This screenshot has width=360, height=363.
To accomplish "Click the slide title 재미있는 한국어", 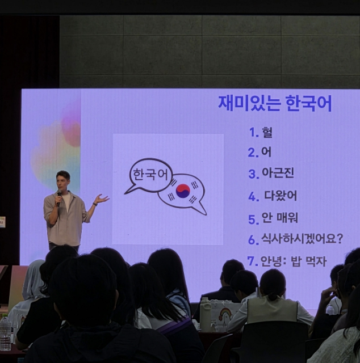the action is coord(275,103).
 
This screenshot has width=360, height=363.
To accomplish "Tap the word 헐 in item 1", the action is coord(267,132).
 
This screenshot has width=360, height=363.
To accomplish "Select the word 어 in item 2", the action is coord(266,152).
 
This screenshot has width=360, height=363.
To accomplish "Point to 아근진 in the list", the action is coord(278,172).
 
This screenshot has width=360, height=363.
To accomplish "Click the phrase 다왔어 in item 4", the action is coord(281,196).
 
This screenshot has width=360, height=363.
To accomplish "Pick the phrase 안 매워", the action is coord(279,218).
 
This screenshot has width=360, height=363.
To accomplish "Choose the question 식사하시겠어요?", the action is coord(302,239).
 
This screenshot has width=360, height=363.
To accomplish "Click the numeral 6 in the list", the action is coord(253,240).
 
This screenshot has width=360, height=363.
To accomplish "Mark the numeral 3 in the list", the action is coord(253,174).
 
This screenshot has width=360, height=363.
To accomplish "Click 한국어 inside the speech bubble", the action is coord(150,174).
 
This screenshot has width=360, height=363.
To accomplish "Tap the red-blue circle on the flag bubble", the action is coord(183,191).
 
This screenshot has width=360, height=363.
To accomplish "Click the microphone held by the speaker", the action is coord(59,197).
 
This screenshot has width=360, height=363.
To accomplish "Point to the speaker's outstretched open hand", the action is coord(102,199).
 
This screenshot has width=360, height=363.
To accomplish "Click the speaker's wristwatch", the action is coord(95,204).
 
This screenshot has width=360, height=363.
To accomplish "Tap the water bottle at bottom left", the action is coord(5,333).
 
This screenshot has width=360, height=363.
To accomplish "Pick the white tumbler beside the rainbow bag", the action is coord(206,315).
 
